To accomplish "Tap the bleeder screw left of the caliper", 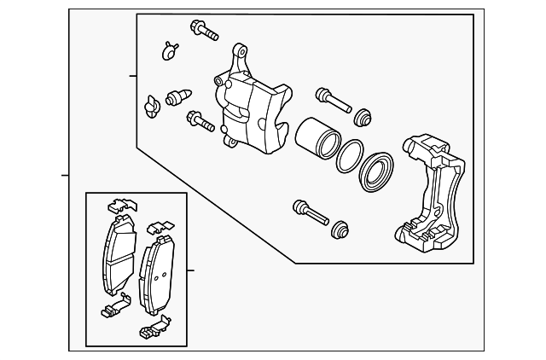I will click(178, 96).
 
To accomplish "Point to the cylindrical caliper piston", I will click(317, 136).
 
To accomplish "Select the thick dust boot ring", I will click(377, 173).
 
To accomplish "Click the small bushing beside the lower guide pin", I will click(340, 229).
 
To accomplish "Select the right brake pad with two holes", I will click(157, 272).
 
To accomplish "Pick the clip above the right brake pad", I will click(158, 228).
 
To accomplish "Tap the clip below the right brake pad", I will click(152, 328).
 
